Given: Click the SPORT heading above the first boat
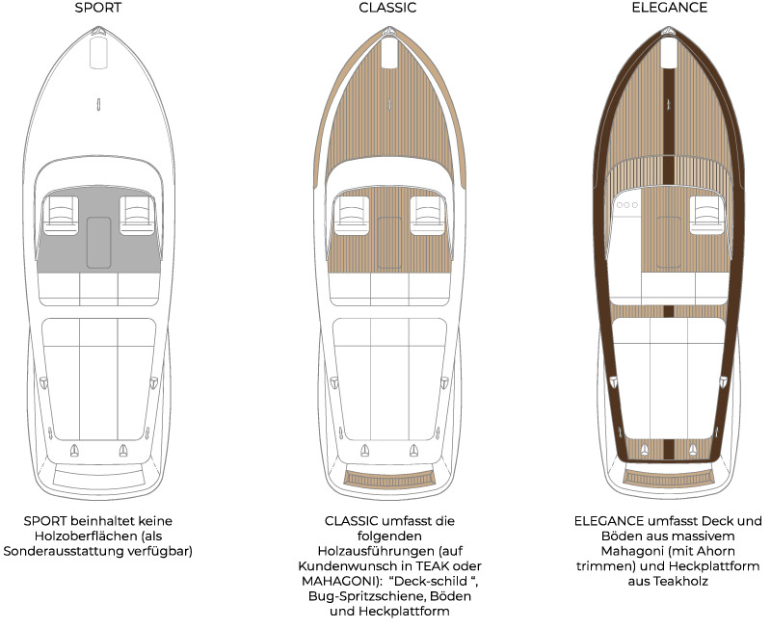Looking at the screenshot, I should pyautogui.click(x=98, y=8).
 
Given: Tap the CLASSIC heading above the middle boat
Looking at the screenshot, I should pyautogui.click(x=387, y=8).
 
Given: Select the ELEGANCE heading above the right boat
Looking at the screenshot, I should pyautogui.click(x=669, y=8).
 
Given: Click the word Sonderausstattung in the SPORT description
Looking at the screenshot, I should pyautogui.click(x=74, y=552).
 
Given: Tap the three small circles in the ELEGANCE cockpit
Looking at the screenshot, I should pyautogui.click(x=629, y=205).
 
